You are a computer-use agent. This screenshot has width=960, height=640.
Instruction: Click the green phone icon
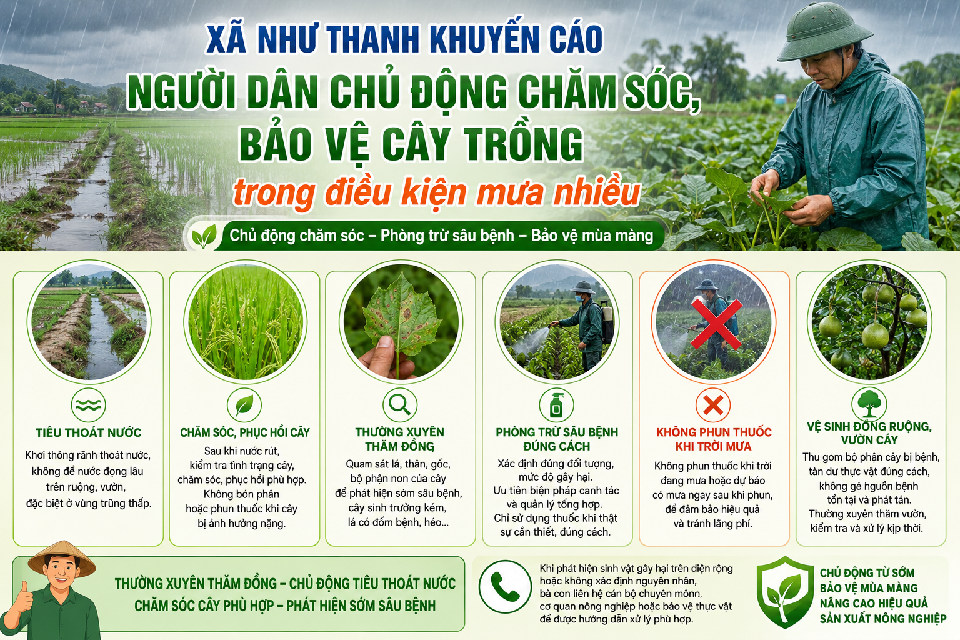click(x=505, y=586)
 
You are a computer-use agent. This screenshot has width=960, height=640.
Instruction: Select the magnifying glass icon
click(x=399, y=404)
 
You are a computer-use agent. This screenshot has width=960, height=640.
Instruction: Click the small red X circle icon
click(x=713, y=404)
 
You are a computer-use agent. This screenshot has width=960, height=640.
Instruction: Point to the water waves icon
click(x=88, y=404)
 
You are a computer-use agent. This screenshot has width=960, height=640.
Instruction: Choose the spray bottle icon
click(x=556, y=404)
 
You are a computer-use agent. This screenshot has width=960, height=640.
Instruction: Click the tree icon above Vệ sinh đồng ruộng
click(x=869, y=403)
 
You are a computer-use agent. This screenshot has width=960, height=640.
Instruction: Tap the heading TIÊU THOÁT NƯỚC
click(x=88, y=432)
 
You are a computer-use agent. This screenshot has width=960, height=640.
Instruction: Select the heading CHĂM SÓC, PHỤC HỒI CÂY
click(x=245, y=432)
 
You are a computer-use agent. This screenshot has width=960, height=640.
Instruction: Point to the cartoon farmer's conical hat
click(x=62, y=559)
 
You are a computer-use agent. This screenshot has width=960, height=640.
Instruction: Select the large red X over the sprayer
click(x=716, y=324)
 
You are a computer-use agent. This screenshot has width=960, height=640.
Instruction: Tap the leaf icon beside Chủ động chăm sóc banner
click(x=204, y=237)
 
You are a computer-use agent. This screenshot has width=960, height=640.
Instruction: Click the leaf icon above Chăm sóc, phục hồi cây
click(x=244, y=404)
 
